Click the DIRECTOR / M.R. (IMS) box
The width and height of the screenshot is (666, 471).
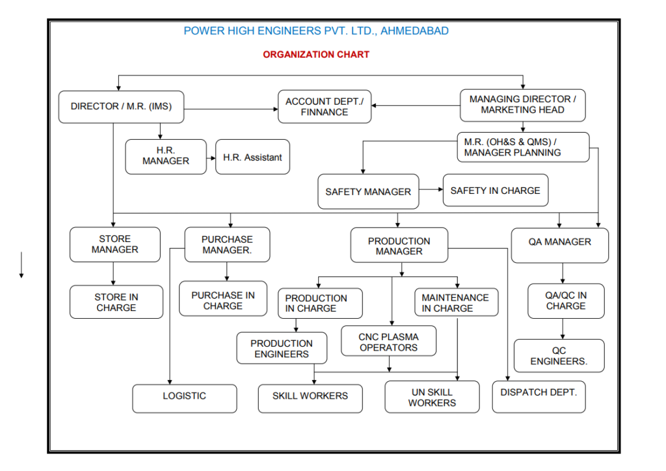(x=121, y=107)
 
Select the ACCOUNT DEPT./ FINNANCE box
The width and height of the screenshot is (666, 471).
(x=325, y=107)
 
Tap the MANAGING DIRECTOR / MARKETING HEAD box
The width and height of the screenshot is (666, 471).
(x=522, y=105)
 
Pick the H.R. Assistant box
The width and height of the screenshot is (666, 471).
(x=252, y=157)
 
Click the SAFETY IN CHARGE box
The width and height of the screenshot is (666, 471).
(x=495, y=190)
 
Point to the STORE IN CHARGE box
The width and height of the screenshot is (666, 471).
(x=116, y=302)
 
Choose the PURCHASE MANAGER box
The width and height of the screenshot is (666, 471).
(x=227, y=244)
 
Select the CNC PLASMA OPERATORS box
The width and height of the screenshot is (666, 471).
(x=388, y=341)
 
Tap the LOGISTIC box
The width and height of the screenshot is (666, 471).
(x=184, y=398)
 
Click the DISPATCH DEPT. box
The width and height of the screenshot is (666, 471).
(x=539, y=397)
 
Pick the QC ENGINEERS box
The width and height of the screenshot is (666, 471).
(x=559, y=355)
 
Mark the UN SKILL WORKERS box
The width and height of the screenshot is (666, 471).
(x=432, y=397)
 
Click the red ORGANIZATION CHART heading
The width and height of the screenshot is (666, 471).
(x=316, y=55)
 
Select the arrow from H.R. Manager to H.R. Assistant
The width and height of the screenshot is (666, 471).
(x=211, y=158)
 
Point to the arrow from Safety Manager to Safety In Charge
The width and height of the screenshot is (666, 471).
(x=431, y=189)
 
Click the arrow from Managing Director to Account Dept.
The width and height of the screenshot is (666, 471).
(x=416, y=105)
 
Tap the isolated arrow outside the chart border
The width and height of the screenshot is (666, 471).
(x=21, y=265)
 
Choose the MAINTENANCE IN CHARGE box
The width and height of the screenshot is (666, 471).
(x=456, y=303)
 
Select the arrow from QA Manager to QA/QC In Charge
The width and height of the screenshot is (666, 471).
(x=563, y=273)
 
